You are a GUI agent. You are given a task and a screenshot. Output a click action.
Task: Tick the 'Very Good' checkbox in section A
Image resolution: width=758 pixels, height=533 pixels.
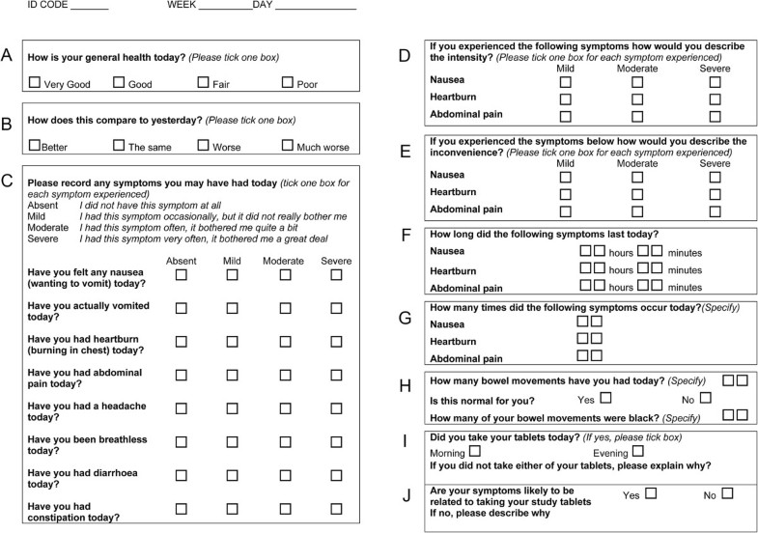tap(35, 83)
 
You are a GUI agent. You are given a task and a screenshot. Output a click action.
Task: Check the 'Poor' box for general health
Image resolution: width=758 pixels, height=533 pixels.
tap(288, 83)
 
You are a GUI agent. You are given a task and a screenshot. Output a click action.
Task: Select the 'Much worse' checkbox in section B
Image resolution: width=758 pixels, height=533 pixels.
tap(288, 145)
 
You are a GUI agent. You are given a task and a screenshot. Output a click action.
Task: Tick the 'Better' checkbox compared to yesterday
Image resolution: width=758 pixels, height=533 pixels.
tap(35, 145)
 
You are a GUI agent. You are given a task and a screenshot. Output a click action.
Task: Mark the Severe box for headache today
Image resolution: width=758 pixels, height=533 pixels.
tap(336, 408)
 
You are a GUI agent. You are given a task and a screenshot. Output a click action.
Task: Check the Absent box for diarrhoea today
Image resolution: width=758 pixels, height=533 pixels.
tap(182, 475)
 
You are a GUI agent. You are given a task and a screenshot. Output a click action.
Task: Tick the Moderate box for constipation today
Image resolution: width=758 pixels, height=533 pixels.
tap(285, 509)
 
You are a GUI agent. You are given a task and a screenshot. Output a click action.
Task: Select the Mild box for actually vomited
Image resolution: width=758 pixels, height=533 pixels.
tap(233, 309)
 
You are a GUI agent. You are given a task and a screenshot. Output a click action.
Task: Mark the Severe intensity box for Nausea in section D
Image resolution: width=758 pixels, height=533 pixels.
tap(715, 83)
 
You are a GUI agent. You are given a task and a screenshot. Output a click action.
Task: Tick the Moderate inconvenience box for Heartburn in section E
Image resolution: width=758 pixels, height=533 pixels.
tap(637, 194)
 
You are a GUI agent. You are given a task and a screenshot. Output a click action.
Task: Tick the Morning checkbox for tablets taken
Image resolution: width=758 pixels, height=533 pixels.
tap(474, 451)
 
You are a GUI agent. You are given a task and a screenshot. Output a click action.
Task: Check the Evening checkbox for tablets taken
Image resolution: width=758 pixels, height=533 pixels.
tap(638, 451)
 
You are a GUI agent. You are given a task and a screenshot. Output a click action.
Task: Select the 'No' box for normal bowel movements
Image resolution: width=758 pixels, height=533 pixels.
tap(706, 398)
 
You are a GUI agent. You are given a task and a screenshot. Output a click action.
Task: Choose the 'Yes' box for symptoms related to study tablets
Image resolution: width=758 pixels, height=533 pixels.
tap(651, 493)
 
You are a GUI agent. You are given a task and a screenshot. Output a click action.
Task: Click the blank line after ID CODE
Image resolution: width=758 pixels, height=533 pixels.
tap(89, 8)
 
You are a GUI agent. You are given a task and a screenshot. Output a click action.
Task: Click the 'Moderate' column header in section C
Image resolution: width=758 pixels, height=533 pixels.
tap(284, 262)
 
